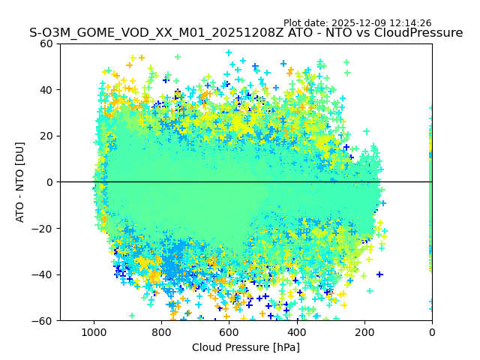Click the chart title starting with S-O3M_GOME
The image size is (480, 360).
[246, 33]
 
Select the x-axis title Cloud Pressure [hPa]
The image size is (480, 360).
[246, 347]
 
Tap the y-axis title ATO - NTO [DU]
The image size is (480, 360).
[21, 182]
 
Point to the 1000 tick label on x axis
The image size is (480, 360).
[94, 331]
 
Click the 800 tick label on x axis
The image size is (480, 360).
[161, 331]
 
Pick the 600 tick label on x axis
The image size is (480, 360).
[229, 331]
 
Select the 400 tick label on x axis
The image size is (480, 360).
[296, 331]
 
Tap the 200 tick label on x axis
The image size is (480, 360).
[364, 331]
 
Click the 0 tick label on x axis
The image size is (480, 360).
[432, 331]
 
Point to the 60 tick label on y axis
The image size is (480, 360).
[47, 43]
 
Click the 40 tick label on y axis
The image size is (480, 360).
[47, 90]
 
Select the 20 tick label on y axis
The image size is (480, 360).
[47, 136]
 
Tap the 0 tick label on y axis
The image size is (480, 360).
[50, 182]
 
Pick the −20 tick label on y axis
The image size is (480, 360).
[44, 229]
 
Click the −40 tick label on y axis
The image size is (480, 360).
[44, 274]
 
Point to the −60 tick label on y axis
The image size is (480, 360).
[44, 321]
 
